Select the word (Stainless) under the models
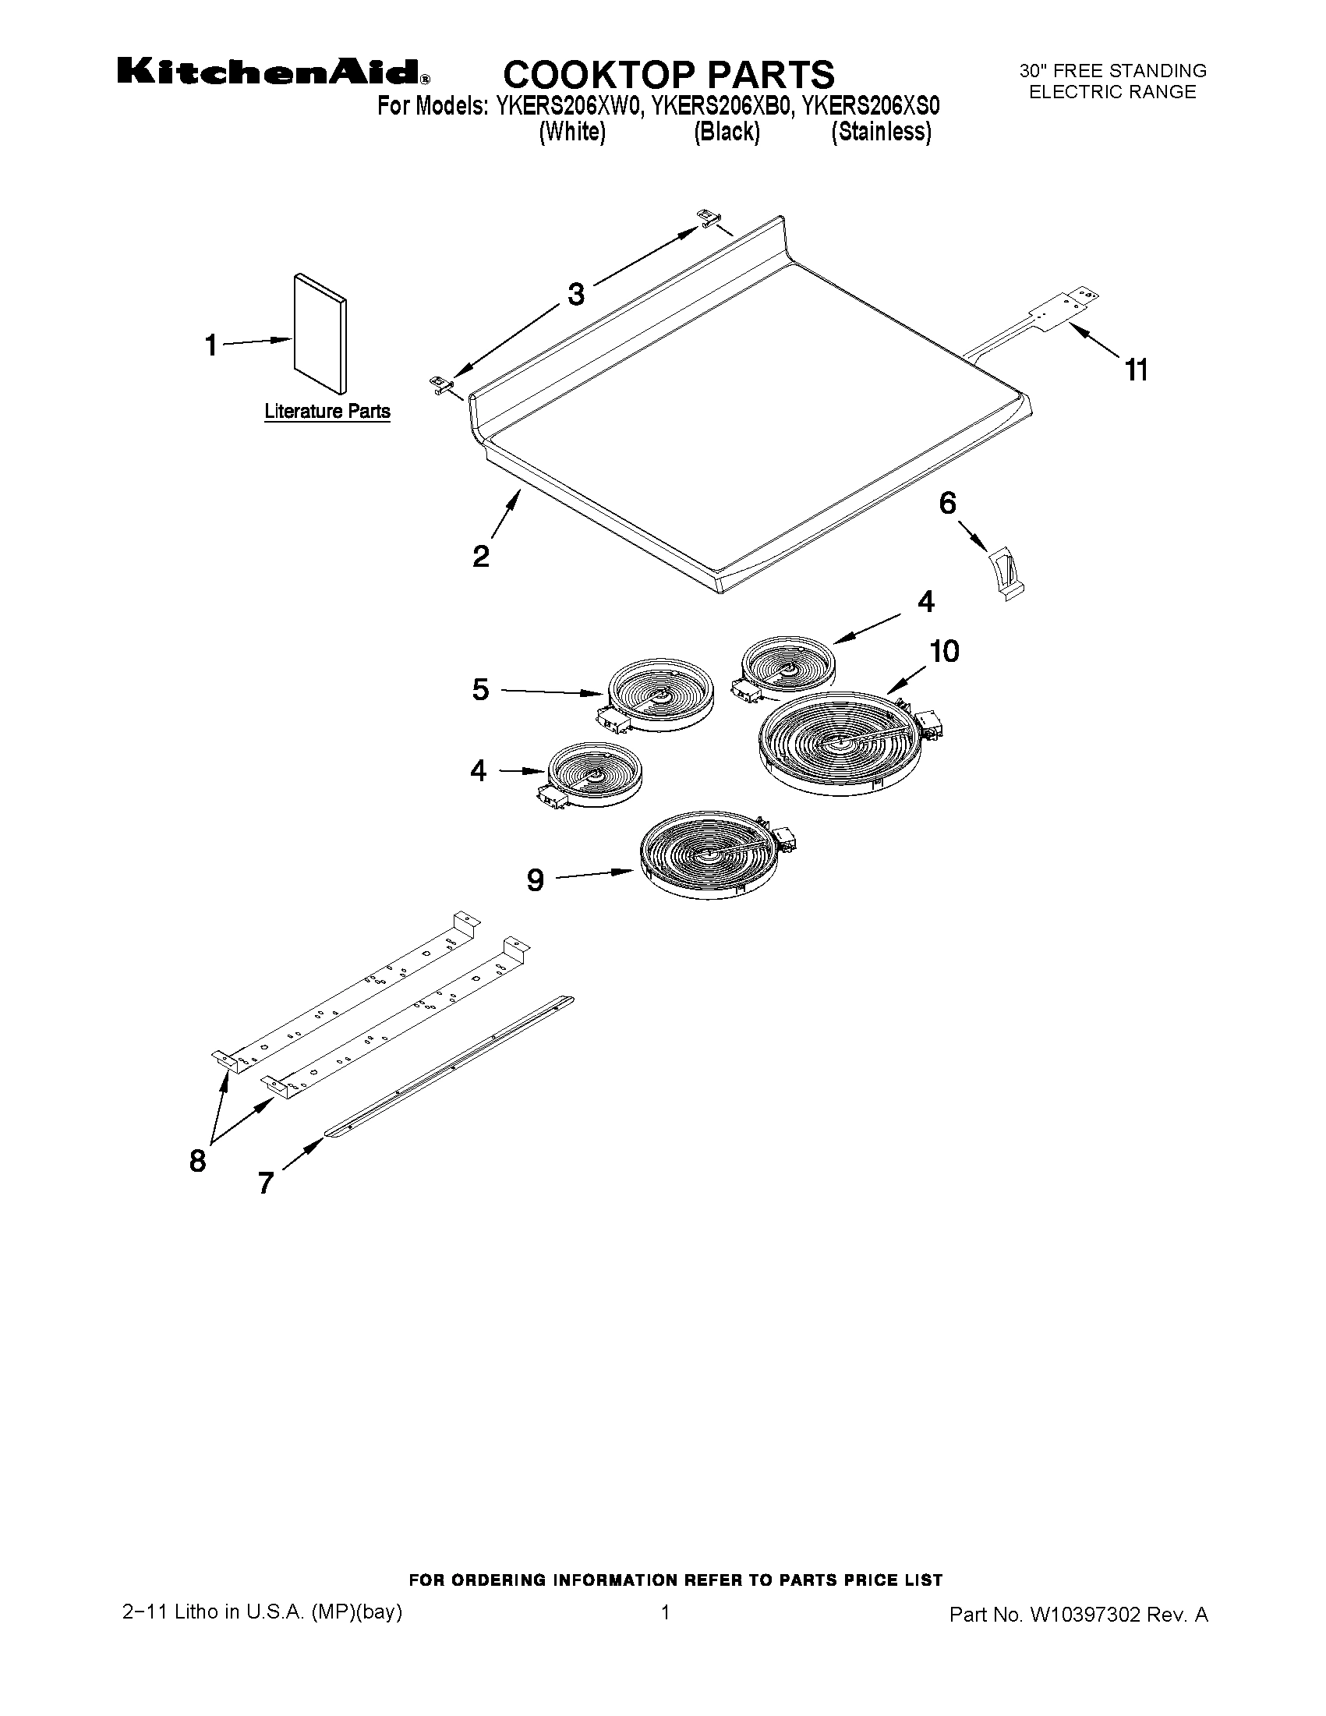coord(881,132)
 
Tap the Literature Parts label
coord(327,411)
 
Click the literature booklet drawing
coord(320,333)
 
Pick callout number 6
coord(947,504)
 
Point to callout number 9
coord(535,880)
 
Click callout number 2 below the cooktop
coord(481,557)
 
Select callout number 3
coord(576,295)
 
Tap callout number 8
coord(197,1159)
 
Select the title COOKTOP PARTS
coord(668,75)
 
